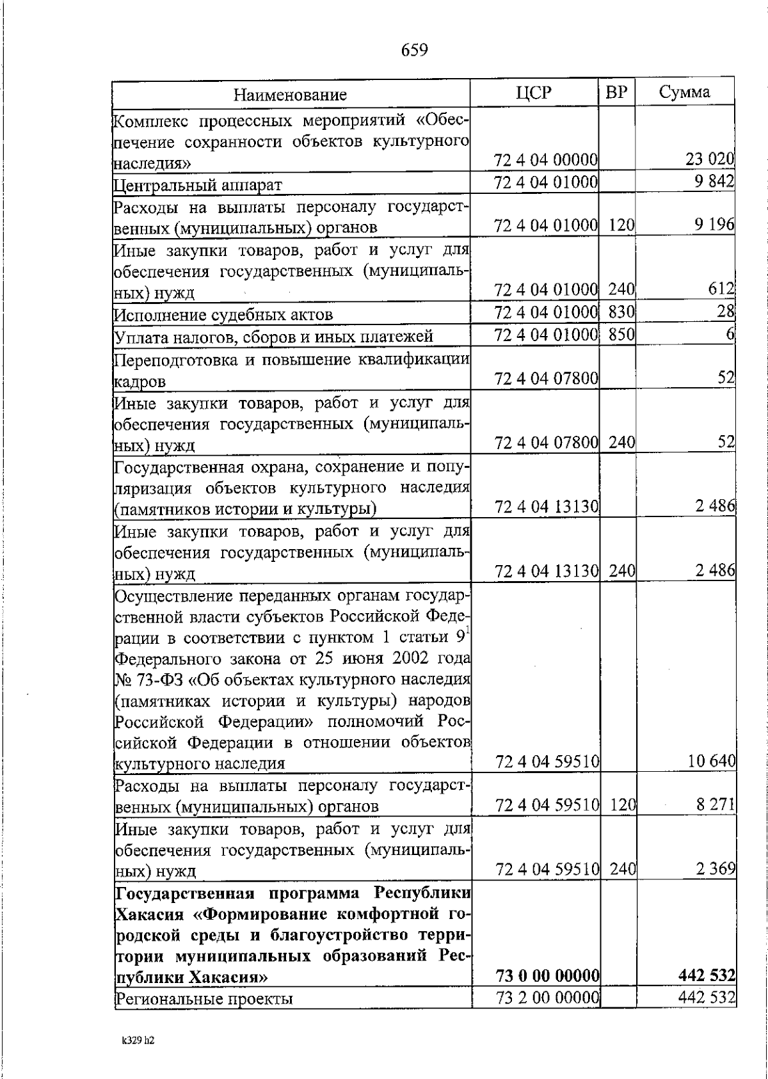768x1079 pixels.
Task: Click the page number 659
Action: point(414,50)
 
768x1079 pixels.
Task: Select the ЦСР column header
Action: point(533,93)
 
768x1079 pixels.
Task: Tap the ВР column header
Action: point(616,93)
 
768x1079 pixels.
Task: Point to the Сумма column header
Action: point(684,92)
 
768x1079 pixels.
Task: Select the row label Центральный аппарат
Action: point(198,186)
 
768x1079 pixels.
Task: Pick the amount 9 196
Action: point(714,225)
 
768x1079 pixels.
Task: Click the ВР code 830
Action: point(620,312)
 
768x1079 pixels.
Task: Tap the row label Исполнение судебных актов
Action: point(223,315)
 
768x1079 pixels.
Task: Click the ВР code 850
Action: point(620,334)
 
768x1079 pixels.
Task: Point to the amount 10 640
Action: point(711,762)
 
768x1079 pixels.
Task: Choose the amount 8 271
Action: point(715,804)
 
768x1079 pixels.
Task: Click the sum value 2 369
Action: point(715,869)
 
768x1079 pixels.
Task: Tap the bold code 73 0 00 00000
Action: point(547,976)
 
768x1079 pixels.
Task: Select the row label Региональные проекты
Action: point(204,998)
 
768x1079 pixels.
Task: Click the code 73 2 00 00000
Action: point(547,997)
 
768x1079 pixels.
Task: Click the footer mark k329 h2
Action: point(138,1041)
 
